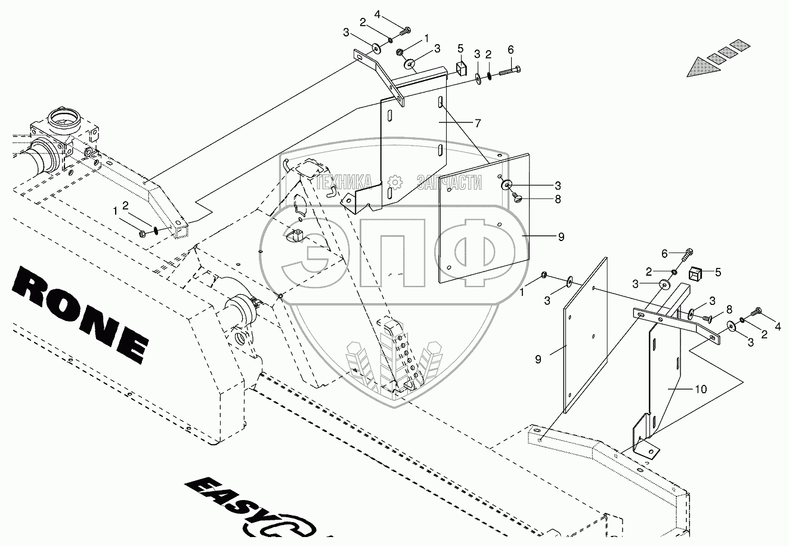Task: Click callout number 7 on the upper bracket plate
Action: coord(478,122)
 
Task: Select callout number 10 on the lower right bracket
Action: coord(700,389)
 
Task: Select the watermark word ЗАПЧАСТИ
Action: coord(449,183)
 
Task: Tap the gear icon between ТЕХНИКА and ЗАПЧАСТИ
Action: coord(394,182)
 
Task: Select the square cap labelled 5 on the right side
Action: coord(694,273)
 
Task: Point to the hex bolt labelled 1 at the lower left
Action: coord(145,232)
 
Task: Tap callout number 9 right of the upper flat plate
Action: coord(561,237)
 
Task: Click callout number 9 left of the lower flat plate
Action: coord(537,359)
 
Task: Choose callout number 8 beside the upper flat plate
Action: coord(557,200)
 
